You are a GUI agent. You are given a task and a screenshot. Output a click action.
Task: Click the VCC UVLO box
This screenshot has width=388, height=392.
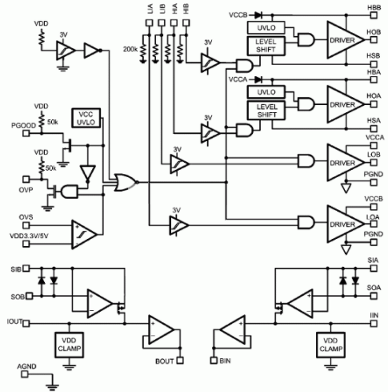86,118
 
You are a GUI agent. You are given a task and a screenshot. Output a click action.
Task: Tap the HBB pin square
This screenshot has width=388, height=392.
374,15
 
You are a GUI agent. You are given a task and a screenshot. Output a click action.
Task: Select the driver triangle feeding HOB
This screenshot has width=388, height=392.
346,40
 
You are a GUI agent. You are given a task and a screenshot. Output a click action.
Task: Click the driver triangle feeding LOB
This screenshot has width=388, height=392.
346,163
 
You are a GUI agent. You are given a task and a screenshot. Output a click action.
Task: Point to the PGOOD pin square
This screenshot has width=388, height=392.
26,133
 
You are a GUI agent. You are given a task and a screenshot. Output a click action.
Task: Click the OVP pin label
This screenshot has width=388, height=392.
26,190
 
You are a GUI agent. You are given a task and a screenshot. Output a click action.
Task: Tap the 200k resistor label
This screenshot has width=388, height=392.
130,49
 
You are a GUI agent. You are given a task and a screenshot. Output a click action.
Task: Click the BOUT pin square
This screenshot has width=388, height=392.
180,361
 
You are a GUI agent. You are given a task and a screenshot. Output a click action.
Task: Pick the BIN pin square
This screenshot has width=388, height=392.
214,361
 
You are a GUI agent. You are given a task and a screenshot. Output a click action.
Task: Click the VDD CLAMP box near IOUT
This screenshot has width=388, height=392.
69,345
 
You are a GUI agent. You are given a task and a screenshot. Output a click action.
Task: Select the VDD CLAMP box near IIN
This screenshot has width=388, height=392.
330,345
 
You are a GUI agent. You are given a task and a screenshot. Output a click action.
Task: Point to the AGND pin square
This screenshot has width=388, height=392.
25,374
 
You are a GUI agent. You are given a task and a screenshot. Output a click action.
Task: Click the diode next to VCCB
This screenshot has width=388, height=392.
258,15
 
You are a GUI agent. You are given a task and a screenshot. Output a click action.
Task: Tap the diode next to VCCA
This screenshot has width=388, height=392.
258,79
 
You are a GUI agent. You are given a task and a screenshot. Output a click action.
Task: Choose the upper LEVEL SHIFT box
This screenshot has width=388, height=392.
266,46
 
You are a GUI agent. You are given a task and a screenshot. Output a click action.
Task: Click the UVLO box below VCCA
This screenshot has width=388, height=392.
266,92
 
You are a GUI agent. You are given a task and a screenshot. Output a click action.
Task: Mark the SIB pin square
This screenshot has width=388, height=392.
26,268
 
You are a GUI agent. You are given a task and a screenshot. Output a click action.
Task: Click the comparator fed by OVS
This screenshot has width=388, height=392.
84,235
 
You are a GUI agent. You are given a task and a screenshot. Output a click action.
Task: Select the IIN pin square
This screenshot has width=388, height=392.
374,324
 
